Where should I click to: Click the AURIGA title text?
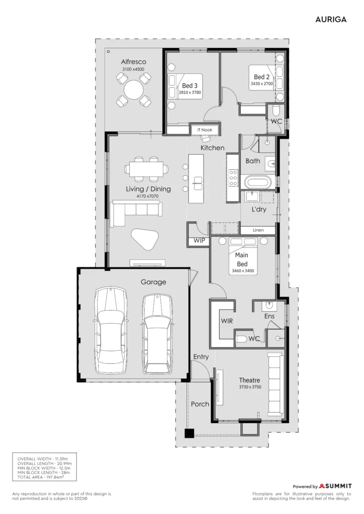331,20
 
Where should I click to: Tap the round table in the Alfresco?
134,89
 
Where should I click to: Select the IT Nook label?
205,130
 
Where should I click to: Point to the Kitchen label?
212,148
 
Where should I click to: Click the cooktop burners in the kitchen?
233,178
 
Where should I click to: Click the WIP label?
199,240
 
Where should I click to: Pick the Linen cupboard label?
258,230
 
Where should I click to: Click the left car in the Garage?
111,330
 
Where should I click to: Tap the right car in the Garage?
157,334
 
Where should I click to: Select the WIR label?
227,321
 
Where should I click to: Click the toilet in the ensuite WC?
241,339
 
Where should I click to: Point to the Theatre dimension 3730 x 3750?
250,387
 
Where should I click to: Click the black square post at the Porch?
189,433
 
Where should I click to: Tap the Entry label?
201,357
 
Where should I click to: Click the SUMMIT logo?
335,486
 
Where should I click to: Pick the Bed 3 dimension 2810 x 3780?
190,92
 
